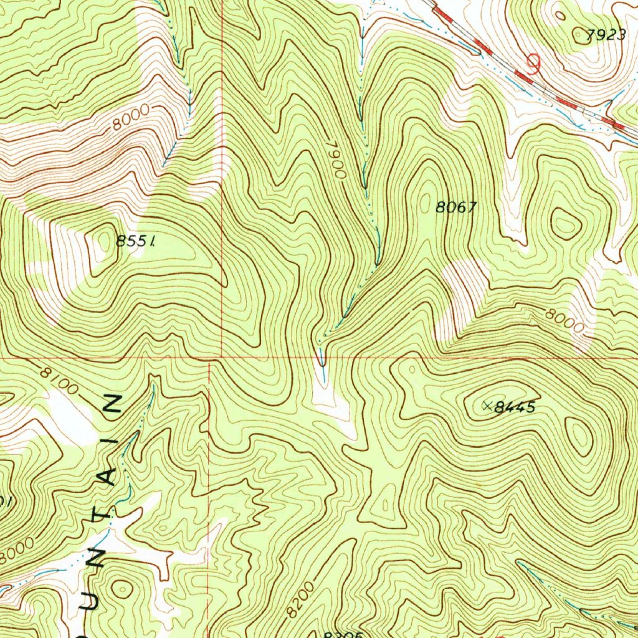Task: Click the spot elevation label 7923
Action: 607,36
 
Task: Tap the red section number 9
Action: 533,64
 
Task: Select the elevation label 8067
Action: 456,208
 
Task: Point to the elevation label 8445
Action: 515,408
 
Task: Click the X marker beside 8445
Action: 487,406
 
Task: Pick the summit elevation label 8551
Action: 135,240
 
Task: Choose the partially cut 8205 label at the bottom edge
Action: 343,634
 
